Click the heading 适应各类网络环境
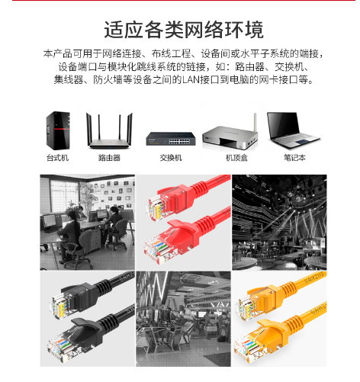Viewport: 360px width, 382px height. [184, 30]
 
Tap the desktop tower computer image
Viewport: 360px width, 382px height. [58, 130]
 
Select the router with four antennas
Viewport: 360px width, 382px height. [109, 130]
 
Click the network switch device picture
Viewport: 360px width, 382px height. [171, 139]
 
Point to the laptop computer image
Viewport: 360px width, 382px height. [293, 130]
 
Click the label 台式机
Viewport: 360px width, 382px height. [58, 158]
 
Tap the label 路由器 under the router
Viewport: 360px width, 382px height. [109, 158]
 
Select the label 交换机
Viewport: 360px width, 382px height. [171, 158]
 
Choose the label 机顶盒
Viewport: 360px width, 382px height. [236, 158]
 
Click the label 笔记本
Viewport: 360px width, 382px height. [294, 158]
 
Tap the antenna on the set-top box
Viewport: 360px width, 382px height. [256, 123]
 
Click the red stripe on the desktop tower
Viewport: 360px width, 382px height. [62, 129]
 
